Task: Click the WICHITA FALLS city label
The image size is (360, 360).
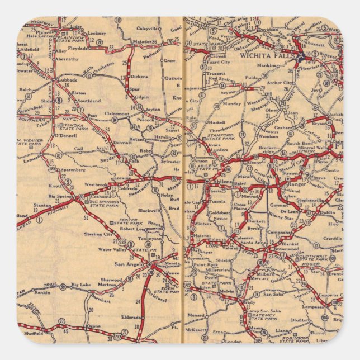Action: [262, 56]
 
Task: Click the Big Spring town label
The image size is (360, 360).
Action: [60, 197]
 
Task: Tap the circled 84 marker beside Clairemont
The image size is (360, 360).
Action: [115, 120]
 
